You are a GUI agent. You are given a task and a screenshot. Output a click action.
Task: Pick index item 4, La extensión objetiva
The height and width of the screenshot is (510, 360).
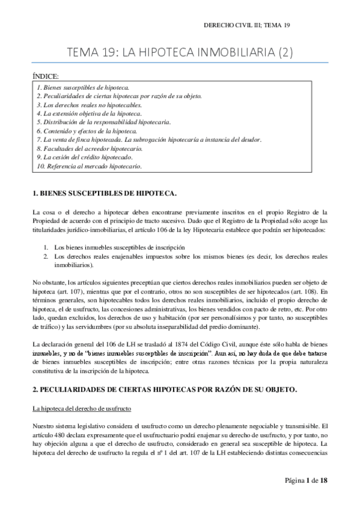(89, 113)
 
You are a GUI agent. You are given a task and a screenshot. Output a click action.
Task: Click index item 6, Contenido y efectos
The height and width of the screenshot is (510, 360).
(87, 131)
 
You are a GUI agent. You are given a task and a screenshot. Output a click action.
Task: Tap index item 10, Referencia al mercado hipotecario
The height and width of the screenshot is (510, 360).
(89, 165)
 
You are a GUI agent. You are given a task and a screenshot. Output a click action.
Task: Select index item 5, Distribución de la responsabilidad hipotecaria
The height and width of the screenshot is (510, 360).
(104, 122)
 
